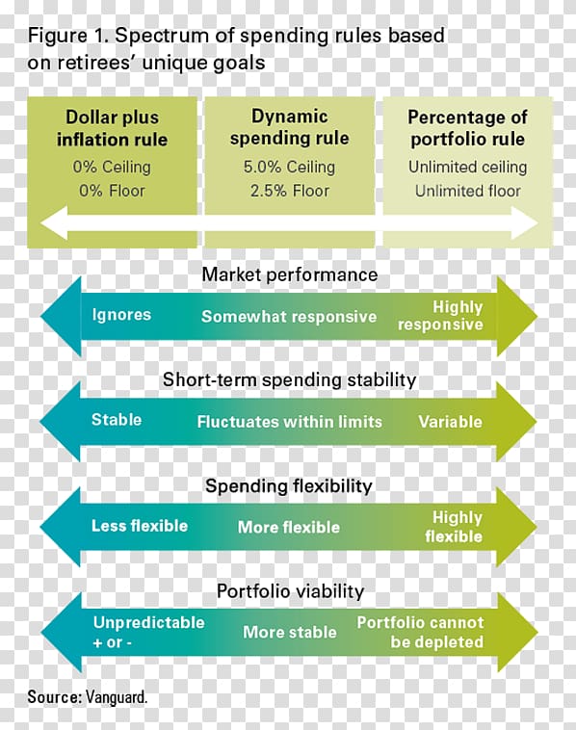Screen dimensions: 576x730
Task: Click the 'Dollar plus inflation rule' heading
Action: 113,128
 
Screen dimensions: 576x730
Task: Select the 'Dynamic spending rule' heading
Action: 289,127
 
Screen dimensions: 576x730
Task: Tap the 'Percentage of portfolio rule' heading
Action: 467,128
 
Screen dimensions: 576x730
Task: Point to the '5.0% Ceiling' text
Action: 289,167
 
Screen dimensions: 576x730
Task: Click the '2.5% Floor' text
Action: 290,191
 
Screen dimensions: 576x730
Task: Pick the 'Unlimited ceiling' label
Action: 467,167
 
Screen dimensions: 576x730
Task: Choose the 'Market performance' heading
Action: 289,274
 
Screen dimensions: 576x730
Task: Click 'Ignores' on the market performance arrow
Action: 121,315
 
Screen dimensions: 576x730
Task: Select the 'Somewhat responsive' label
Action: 289,317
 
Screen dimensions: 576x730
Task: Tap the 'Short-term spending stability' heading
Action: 289,379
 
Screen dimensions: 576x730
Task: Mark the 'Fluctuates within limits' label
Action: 289,422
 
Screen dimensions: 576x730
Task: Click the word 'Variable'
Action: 450,422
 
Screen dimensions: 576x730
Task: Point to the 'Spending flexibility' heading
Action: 289,485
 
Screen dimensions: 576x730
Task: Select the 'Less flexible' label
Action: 140,526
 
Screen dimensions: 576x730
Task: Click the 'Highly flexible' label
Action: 454,527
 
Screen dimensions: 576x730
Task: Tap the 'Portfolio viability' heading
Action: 290,591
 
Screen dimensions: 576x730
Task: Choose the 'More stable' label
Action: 290,632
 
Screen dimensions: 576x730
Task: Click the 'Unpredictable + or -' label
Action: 148,632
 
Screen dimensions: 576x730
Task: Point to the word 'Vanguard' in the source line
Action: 117,697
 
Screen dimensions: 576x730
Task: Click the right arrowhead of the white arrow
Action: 525,223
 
